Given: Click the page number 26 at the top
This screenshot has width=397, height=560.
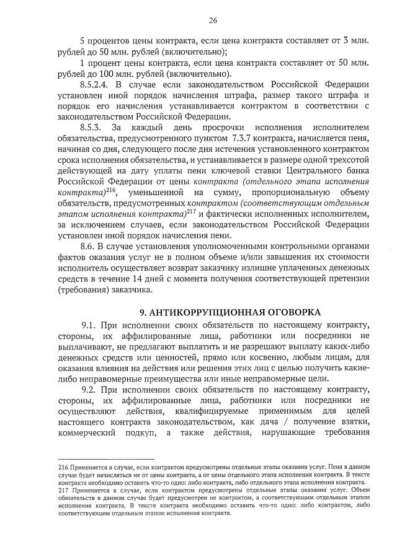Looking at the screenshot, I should (212, 20).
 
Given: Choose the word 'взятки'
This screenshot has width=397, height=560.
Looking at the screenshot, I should (354, 421).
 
